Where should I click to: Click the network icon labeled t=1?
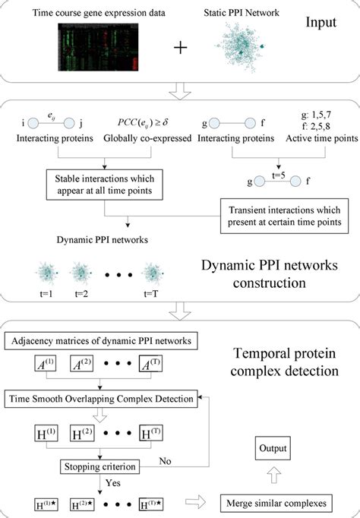click(x=43, y=273)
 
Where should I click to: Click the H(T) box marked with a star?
click(x=159, y=504)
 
